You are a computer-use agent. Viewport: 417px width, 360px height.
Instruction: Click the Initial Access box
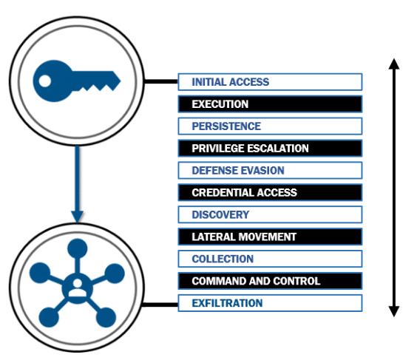tap(270, 82)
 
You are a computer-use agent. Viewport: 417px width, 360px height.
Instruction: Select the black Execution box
tap(270, 104)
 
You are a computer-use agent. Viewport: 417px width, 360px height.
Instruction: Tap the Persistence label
tap(226, 126)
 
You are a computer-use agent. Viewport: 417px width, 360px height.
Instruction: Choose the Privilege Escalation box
tap(270, 148)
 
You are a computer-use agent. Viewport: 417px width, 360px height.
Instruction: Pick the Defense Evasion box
tap(270, 171)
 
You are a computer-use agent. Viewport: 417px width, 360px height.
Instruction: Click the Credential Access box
tap(270, 192)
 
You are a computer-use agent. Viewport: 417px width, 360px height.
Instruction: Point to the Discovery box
tap(270, 214)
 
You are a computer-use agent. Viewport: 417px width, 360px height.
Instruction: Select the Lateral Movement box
tap(270, 237)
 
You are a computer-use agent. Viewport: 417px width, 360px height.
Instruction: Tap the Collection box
tap(270, 259)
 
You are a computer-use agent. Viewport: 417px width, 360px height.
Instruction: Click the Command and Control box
tap(270, 281)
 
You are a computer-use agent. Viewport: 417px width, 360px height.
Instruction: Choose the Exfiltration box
tap(270, 303)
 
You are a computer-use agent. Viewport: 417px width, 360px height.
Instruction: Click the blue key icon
tap(77, 81)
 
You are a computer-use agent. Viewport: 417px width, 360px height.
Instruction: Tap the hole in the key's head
tap(44, 81)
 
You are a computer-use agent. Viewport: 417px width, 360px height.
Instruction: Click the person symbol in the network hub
tap(78, 288)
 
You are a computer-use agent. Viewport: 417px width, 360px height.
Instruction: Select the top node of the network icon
tap(78, 248)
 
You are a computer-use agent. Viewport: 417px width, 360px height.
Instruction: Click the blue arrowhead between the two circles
tap(77, 217)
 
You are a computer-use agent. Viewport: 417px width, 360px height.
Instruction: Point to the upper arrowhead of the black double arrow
tap(394, 64)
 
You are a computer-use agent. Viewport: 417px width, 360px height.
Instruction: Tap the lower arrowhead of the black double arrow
tap(394, 311)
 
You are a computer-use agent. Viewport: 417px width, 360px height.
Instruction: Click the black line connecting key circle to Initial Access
tap(161, 81)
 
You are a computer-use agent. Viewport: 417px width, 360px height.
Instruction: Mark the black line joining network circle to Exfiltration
tap(160, 305)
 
